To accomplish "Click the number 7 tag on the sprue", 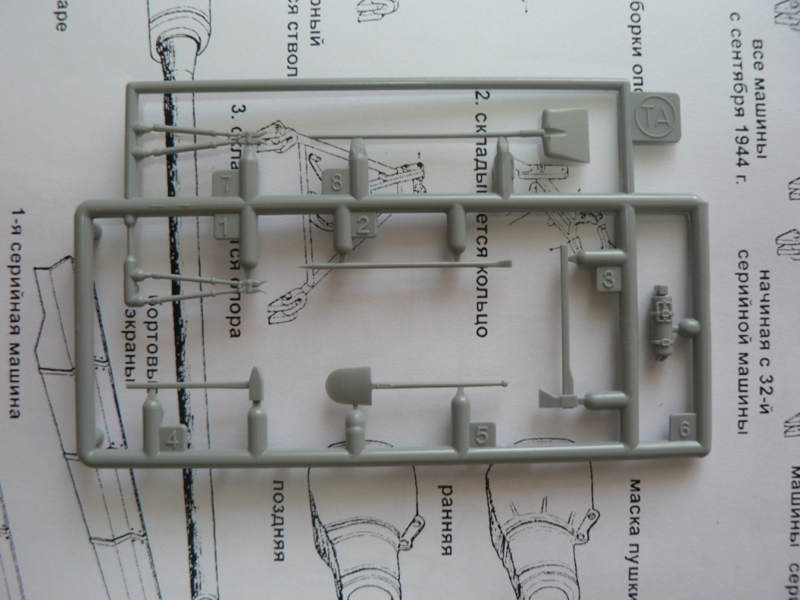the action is tap(225, 185).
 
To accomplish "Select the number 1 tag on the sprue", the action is tap(226, 227).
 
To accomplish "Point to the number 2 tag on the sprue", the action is tap(363, 225).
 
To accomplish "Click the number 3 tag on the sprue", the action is tap(609, 278).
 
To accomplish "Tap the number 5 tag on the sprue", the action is tap(482, 434).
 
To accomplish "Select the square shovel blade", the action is tap(566, 134).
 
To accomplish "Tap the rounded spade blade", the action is tap(348, 386).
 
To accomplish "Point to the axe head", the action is tap(556, 399).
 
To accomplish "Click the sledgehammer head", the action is tap(255, 384).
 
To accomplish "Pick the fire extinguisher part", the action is tap(662, 322).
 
